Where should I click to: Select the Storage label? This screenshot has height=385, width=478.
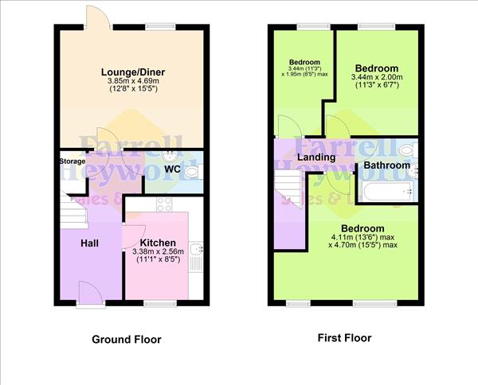[71, 161]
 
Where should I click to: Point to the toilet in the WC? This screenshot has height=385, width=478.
[194, 169]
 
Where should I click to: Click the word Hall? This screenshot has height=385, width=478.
[88, 243]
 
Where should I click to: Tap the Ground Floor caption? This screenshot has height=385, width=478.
[126, 340]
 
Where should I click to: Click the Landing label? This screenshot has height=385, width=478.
[316, 157]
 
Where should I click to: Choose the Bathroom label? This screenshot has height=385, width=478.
[386, 165]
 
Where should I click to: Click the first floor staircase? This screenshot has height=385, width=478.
[289, 191]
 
